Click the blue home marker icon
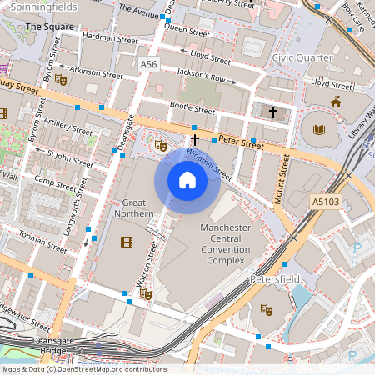point(187,180)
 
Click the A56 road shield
point(148,64)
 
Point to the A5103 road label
point(327,201)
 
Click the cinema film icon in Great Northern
point(126,242)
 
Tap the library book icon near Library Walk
point(319,128)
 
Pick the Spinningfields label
point(39,7)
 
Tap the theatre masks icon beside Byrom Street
point(60,80)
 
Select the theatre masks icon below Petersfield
point(267,309)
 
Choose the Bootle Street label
point(192,107)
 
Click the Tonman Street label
point(43,241)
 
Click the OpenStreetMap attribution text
point(83,369)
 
